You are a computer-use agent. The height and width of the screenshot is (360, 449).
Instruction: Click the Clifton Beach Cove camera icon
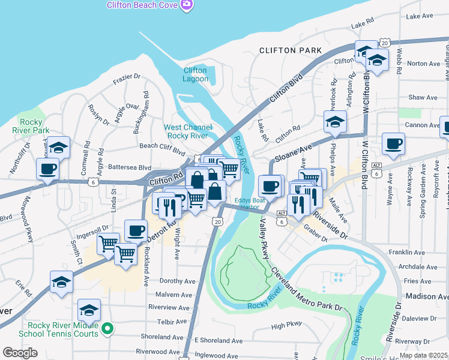click(x=186, y=5)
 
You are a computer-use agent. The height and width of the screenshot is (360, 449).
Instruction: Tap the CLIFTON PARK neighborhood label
click(x=290, y=50)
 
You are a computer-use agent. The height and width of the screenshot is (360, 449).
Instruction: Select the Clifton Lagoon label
click(x=195, y=74)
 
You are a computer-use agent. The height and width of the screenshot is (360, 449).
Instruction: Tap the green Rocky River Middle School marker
click(x=107, y=328)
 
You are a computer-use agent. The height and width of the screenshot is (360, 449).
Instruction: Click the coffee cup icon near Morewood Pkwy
click(x=48, y=169)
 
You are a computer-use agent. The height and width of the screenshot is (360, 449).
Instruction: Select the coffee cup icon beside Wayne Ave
click(x=394, y=143)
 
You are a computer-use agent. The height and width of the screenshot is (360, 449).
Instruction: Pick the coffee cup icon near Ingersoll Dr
click(x=136, y=230)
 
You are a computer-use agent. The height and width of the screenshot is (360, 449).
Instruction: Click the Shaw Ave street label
click(x=423, y=97)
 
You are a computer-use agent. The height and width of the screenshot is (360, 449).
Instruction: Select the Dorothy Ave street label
click(x=178, y=281)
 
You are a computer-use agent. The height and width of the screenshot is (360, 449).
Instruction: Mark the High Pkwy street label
click(x=286, y=326)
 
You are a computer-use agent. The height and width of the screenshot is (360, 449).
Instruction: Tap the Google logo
click(x=20, y=353)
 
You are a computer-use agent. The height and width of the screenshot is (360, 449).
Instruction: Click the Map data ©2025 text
click(x=423, y=355)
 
